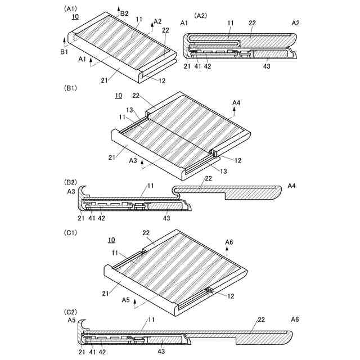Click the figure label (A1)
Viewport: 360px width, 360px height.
tap(72, 8)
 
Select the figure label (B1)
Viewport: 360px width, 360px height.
tap(72, 88)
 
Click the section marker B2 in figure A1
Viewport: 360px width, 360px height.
tap(124, 13)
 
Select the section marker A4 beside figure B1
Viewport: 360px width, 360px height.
tap(237, 103)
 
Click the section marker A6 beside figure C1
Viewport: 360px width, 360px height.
tap(229, 242)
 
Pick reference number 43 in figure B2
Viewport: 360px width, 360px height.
tap(166, 218)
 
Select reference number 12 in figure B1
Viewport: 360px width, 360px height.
tap(237, 160)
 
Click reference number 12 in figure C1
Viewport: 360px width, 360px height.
tap(231, 296)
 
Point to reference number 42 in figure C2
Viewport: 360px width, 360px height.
tap(102, 352)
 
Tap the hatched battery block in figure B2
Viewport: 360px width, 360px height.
tap(166, 207)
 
